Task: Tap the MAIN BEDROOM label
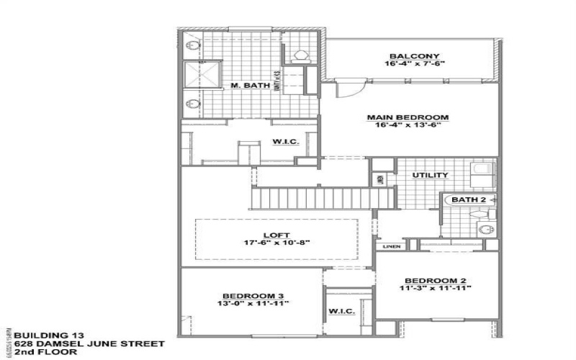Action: pos(408,117)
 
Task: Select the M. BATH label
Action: pos(251,86)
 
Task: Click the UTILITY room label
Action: pos(430,175)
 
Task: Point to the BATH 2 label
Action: pos(468,198)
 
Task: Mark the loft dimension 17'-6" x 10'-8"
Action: pos(276,243)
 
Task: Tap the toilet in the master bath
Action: pos(302,54)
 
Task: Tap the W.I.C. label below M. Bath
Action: pos(281,141)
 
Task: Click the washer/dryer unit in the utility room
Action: pos(479,173)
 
